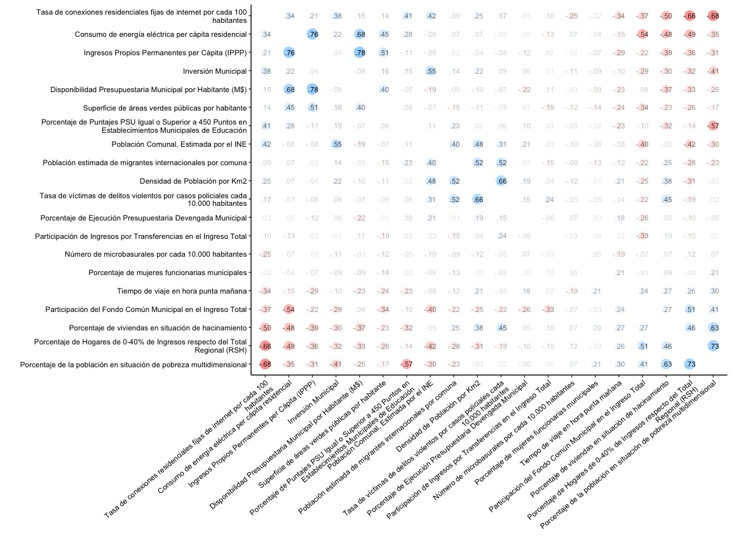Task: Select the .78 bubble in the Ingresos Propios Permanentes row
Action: [x=360, y=53]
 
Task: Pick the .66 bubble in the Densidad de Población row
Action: [x=501, y=181]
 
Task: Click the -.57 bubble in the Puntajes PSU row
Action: [x=714, y=126]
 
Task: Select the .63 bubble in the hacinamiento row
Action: [x=714, y=328]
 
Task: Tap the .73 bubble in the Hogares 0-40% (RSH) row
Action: [x=714, y=346]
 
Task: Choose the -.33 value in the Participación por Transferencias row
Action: [x=643, y=236]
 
